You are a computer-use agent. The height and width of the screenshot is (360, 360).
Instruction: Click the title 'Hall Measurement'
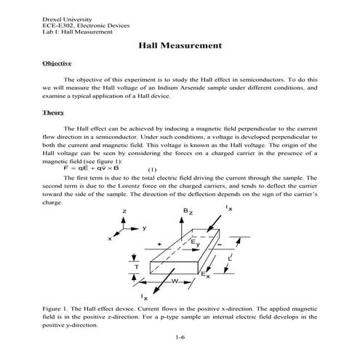tap(180, 47)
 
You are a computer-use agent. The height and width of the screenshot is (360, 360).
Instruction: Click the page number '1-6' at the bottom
tap(180, 338)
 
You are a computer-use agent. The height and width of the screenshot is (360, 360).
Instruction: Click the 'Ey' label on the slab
tap(196, 243)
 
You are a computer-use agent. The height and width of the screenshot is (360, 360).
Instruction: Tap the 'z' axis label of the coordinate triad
tap(124, 211)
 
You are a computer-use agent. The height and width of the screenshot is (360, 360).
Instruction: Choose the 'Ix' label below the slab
tap(145, 297)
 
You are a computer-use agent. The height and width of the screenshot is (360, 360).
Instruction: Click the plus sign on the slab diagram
tap(159, 244)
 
